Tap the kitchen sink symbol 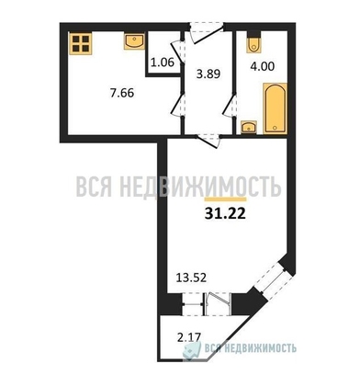[x=133, y=40]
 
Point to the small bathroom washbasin [x=249, y=127]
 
